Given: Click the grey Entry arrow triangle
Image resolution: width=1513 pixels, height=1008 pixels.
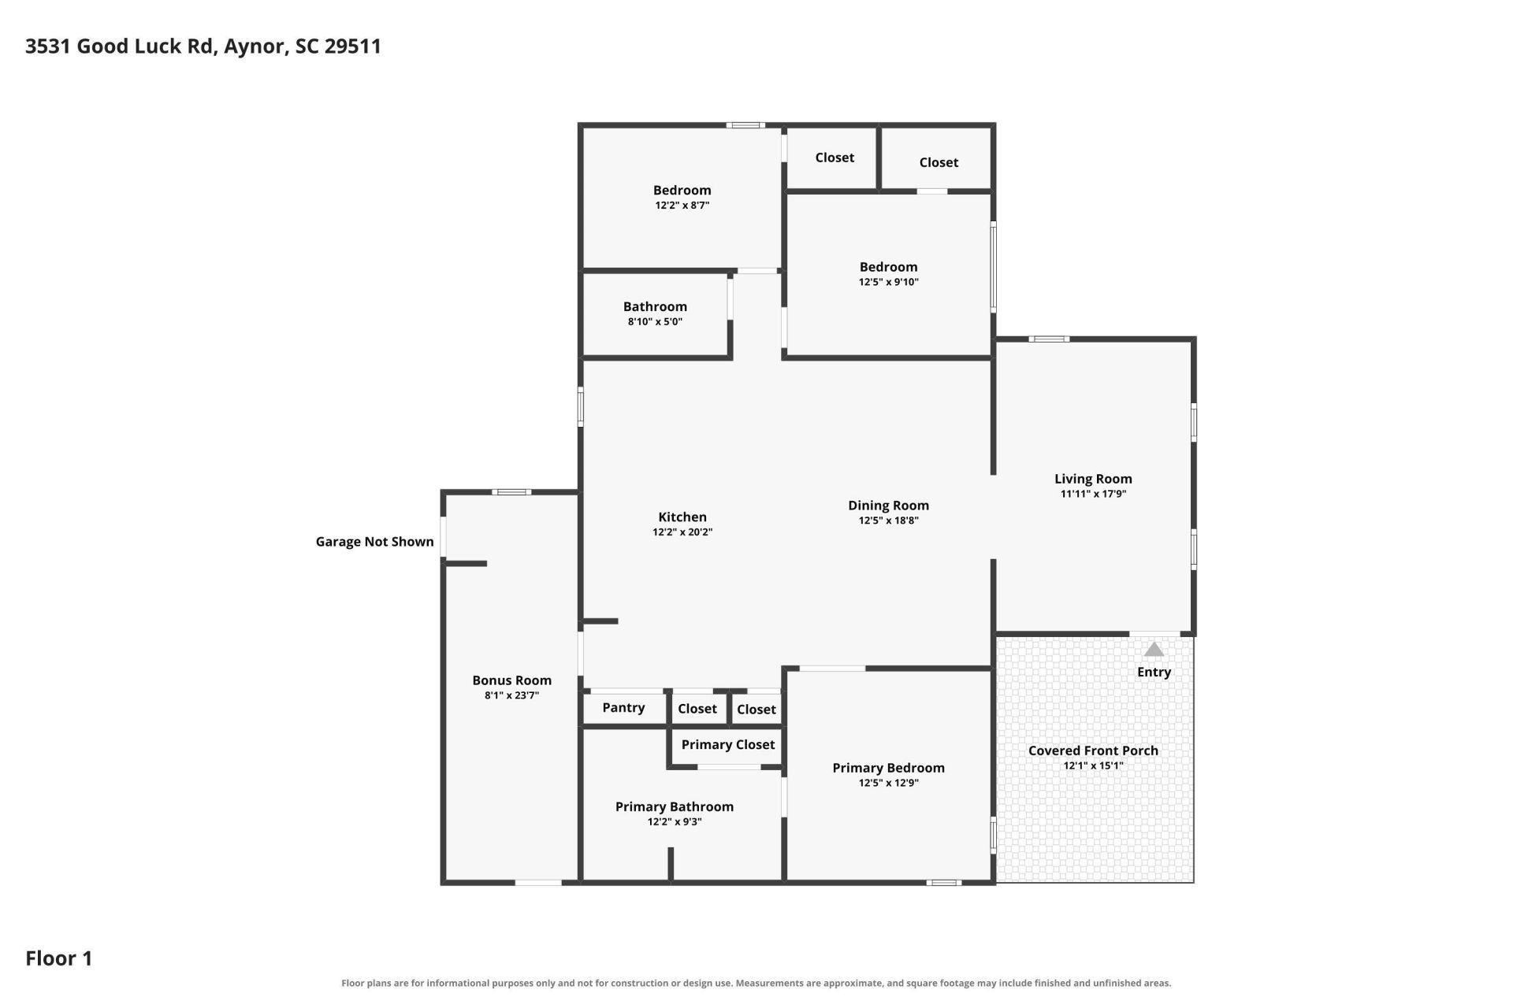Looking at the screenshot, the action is [x=1154, y=650].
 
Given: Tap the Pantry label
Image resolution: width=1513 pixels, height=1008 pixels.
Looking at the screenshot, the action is [x=623, y=708].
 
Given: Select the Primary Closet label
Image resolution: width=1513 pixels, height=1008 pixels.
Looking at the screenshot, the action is [x=728, y=745].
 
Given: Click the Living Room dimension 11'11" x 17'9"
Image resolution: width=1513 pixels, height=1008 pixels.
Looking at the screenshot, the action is [x=1093, y=494].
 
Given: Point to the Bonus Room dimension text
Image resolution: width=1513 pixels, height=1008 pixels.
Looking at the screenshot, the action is [x=511, y=695].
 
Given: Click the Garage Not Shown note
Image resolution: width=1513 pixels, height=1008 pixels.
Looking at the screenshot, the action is [x=374, y=542].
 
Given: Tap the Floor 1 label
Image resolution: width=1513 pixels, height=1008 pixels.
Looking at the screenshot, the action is [x=59, y=958].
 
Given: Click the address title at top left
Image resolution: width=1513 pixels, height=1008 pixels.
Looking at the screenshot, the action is [x=203, y=46].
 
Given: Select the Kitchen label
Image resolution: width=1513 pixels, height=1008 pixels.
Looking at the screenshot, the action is [x=682, y=517].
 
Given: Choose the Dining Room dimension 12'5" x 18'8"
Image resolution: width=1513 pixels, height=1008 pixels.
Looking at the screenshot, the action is [x=888, y=521].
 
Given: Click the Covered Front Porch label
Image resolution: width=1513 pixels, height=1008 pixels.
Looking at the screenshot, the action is [x=1093, y=750].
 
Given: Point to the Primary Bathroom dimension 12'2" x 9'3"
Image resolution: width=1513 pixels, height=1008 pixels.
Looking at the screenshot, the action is [x=675, y=821].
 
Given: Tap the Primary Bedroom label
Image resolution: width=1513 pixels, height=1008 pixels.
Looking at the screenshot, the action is [x=888, y=768].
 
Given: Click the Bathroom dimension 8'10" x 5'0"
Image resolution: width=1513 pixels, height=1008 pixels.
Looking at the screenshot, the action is [x=655, y=321].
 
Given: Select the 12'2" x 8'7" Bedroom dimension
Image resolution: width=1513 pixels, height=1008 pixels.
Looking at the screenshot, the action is [x=682, y=205].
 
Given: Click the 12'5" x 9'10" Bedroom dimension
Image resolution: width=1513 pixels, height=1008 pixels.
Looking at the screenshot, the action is [x=888, y=282].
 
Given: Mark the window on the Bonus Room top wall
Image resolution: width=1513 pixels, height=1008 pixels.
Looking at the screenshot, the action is [x=511, y=492].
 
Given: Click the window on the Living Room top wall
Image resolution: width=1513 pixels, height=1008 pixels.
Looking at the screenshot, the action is [x=1049, y=339].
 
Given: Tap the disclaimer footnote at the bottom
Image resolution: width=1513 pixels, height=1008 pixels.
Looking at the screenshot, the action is [x=756, y=983].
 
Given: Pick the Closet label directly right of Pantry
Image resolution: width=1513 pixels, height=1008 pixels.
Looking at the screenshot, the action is [x=697, y=709].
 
